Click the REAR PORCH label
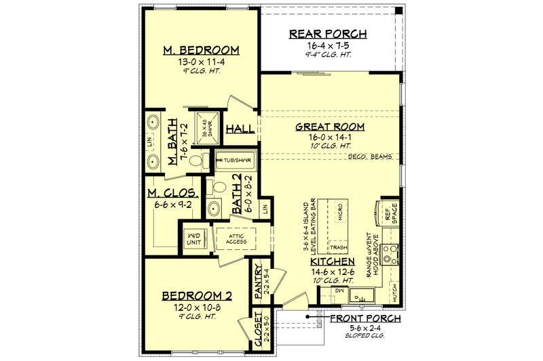pos(328,34)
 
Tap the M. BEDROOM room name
pos(202,51)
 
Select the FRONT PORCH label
pos(365,317)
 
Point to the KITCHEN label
pos(333,261)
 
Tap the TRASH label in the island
pos(339,247)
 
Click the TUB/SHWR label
pos(234,161)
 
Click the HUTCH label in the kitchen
pos(395,292)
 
